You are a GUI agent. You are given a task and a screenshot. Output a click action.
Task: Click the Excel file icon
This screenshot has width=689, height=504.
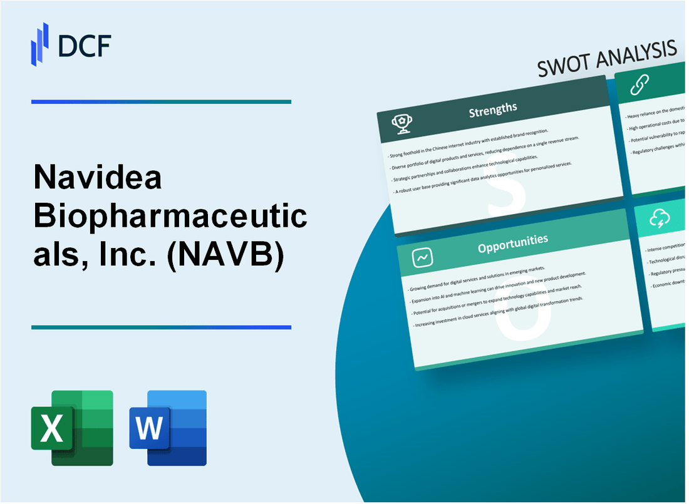[72, 428]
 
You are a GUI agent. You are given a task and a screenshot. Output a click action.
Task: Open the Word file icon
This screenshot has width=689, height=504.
[168, 428]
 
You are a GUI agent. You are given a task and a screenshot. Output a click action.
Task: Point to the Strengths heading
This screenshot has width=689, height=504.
[494, 110]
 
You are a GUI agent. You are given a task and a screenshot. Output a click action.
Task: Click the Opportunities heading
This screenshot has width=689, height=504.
[512, 240]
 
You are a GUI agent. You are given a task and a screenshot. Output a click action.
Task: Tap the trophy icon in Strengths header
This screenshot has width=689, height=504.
[401, 125]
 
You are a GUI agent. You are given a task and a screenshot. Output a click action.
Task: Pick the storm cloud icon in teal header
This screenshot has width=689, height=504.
[661, 219]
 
